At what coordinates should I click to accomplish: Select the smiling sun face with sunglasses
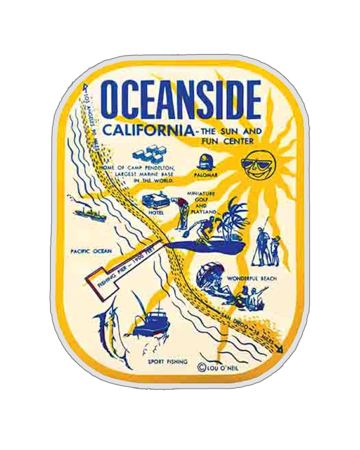[258, 166]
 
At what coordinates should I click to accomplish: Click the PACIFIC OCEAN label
[91, 251]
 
